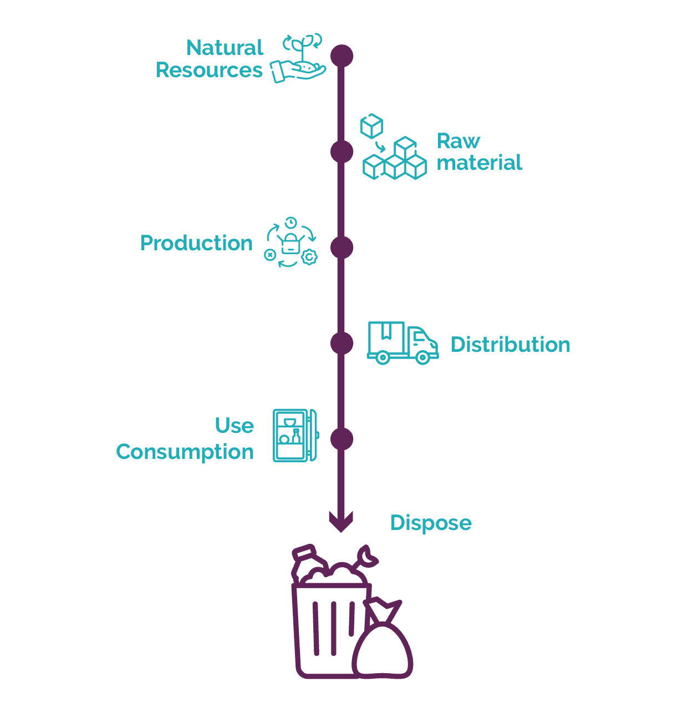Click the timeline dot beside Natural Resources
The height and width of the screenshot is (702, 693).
coord(342,55)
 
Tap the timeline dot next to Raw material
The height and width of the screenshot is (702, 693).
coord(342,151)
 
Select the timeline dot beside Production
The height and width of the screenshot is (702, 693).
coord(342,248)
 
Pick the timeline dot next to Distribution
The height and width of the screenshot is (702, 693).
coord(342,343)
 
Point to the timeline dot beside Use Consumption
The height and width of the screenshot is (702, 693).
coord(342,439)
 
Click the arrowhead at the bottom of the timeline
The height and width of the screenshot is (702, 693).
coord(341,522)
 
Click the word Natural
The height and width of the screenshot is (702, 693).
coord(225,48)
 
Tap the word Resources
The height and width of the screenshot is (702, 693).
coord(209,70)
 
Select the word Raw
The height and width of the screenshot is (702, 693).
coord(458,141)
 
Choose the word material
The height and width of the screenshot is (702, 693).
coord(479,163)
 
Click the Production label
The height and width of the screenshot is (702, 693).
coord(196,243)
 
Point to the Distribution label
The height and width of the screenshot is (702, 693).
coord(510,345)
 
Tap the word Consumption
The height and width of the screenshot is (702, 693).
coord(185,452)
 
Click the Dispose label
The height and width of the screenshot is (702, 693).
coord(431,523)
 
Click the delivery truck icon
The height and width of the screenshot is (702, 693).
coord(402,342)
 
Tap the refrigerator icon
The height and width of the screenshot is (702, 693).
coord(295,436)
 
